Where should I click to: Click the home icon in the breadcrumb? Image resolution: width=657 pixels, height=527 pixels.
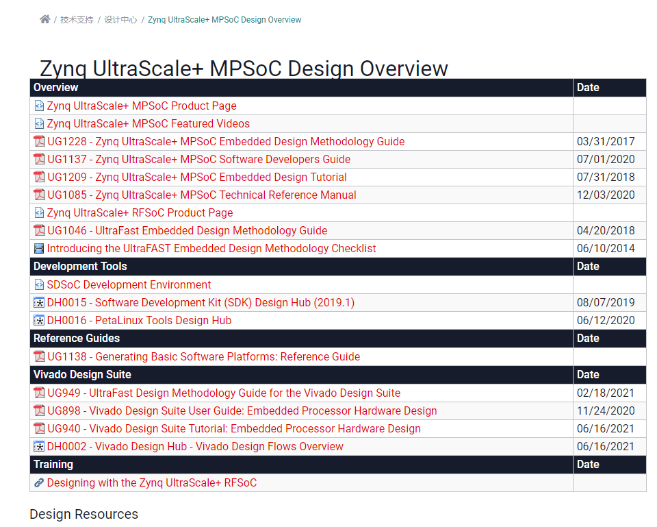tap(45, 19)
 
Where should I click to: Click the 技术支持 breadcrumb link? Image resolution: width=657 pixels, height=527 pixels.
tap(77, 20)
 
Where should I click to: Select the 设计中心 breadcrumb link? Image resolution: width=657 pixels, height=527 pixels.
tap(120, 20)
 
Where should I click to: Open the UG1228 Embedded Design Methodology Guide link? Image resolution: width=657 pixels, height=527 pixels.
tap(226, 142)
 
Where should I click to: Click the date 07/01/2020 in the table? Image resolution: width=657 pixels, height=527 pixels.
tap(606, 160)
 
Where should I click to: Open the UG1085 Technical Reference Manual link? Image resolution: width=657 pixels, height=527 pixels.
tap(202, 195)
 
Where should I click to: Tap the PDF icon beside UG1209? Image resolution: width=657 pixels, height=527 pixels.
tap(39, 177)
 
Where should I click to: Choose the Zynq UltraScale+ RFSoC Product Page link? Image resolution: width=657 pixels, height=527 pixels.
tap(140, 213)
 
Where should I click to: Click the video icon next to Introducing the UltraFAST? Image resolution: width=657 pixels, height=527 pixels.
tap(39, 249)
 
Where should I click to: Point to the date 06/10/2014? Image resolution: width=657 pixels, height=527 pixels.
tap(606, 249)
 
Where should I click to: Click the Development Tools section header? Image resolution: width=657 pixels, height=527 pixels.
tap(80, 267)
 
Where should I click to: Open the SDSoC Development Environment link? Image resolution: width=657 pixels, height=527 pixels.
tap(129, 285)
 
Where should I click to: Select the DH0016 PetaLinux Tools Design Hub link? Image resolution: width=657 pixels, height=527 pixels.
tap(139, 321)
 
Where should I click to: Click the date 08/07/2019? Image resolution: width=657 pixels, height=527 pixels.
tap(606, 303)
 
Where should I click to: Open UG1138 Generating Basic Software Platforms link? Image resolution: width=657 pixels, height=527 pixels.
tap(203, 357)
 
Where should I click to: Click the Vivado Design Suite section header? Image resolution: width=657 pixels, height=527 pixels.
tap(82, 375)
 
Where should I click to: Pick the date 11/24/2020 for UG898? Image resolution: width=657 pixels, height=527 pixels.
tap(606, 411)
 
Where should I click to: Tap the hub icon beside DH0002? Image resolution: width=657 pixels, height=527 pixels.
tap(39, 447)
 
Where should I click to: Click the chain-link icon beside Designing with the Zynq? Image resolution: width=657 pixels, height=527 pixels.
tap(39, 483)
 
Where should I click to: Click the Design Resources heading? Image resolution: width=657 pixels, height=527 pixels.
tap(83, 515)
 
